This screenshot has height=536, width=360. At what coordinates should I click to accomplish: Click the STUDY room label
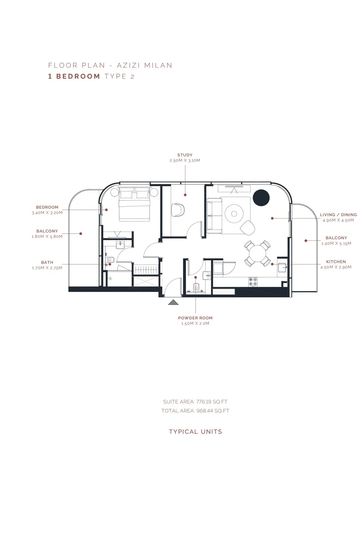click(185, 155)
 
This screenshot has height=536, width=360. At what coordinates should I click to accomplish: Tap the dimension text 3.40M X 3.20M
click(47, 213)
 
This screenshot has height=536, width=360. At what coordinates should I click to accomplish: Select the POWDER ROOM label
click(195, 318)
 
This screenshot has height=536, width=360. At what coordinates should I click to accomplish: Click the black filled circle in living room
click(261, 198)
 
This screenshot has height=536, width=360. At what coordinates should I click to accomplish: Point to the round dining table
click(257, 253)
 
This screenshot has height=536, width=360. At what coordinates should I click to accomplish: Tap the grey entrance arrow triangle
click(173, 302)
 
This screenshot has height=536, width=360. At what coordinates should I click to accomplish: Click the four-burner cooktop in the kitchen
click(253, 281)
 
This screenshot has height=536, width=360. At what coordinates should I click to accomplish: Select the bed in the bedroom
click(134, 205)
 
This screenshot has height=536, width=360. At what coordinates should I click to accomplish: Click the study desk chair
click(178, 210)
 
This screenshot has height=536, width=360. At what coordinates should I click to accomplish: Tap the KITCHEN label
click(336, 262)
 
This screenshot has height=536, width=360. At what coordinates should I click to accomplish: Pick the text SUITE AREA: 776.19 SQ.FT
click(195, 402)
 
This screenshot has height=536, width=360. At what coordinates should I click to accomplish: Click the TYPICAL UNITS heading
click(195, 432)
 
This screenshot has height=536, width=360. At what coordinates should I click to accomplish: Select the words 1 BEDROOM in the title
click(74, 76)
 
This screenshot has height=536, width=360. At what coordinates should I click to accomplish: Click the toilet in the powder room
click(196, 287)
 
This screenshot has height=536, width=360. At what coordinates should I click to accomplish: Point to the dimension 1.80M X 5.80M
click(47, 236)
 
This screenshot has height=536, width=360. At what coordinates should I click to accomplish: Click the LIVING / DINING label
click(338, 215)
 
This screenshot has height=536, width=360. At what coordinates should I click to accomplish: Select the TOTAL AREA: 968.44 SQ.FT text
click(195, 411)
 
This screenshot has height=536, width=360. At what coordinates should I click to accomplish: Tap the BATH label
click(47, 262)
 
